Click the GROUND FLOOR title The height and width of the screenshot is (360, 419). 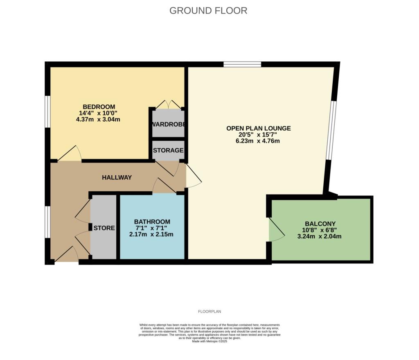pos(208,11)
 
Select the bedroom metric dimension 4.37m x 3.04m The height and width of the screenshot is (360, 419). pos(98,120)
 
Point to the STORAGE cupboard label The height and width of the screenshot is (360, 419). pos(168,150)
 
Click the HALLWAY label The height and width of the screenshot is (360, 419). pos(117,177)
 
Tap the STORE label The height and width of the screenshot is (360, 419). pos(104,228)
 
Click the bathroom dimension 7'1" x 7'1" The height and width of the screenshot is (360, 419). pos(151,228)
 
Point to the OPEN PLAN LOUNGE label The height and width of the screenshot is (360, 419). pos(259,128)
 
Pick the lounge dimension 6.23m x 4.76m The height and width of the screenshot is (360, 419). pos(259,141)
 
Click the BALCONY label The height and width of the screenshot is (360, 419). pos(319,224)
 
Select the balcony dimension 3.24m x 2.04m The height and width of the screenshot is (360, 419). pos(319,236)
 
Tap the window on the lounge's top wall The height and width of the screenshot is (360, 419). pos(242,64)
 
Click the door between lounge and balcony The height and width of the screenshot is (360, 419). pos(275,231)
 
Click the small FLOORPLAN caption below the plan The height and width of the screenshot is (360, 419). pos(209,312)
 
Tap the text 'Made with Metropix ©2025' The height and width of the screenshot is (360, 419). pos(209,341)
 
